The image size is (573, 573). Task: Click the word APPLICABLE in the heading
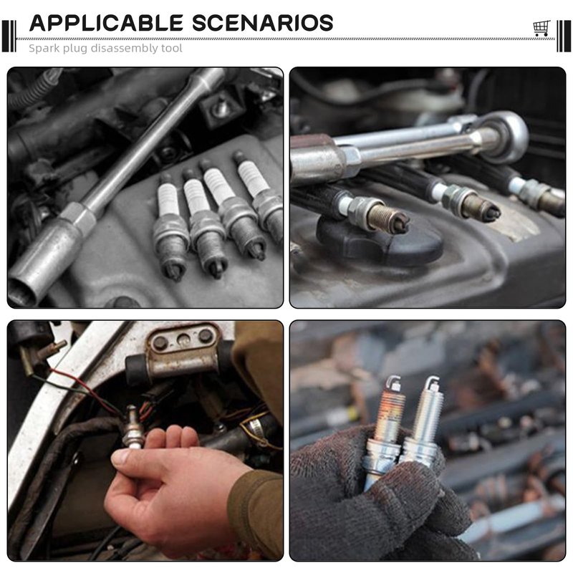tap(106, 23)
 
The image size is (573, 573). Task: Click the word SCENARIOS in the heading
tap(263, 23)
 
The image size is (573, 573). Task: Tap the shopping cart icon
tap(541, 28)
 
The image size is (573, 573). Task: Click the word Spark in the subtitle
tap(43, 48)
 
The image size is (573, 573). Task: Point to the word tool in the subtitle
tap(172, 48)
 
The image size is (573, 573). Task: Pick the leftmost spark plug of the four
tap(170, 226)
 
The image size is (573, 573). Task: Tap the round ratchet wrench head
tap(506, 136)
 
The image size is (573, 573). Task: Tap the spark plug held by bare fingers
tap(133, 428)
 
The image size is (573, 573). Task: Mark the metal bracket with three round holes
tap(183, 351)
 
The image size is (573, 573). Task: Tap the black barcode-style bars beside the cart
tap(563, 36)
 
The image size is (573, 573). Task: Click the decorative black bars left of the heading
tap(9, 36)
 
